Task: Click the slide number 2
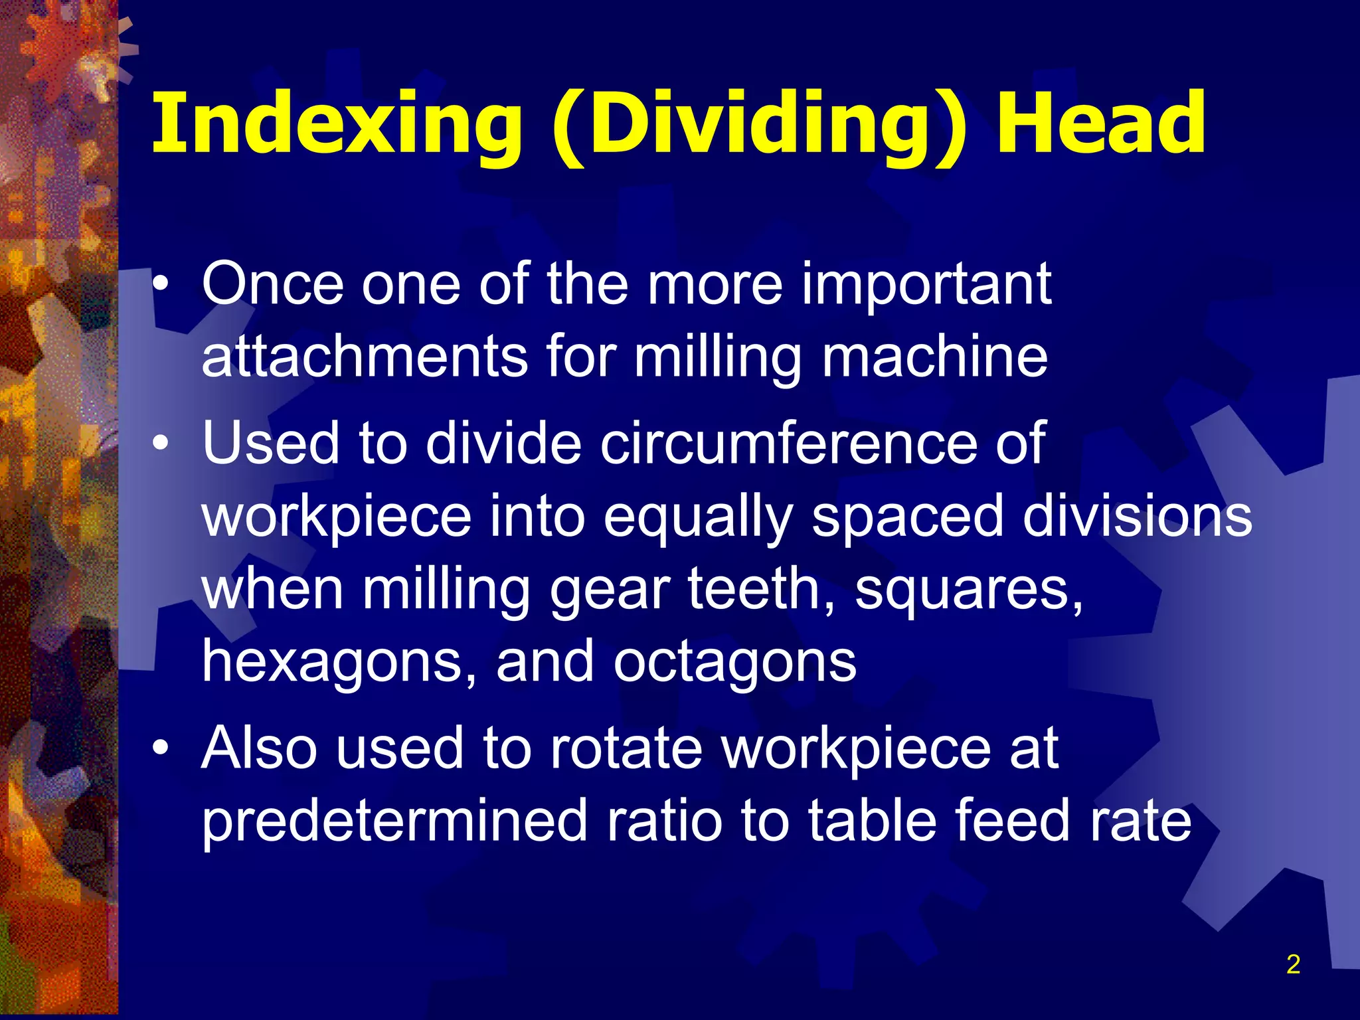coord(1293,964)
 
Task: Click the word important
coord(926,284)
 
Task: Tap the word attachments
coord(364,357)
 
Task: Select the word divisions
coord(1137,517)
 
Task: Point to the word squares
coord(968,590)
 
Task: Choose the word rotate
coord(626,749)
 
